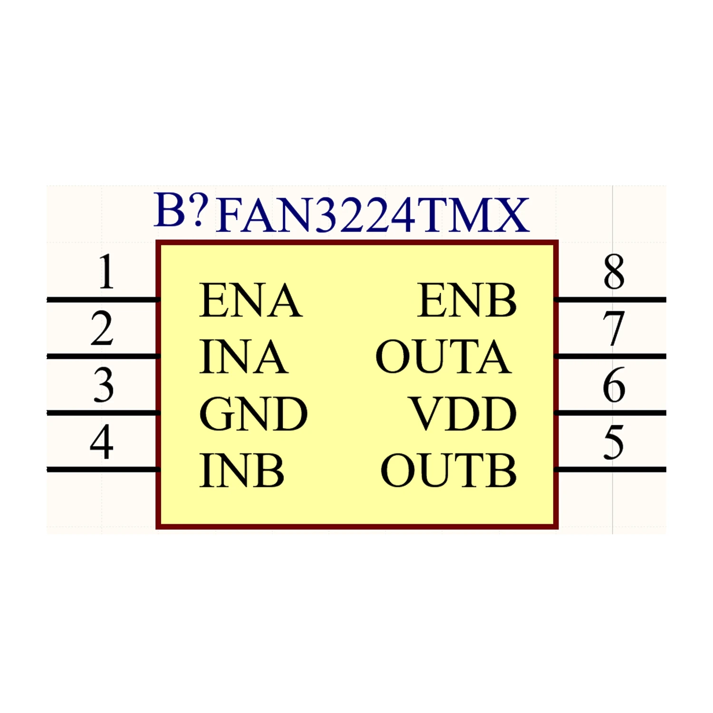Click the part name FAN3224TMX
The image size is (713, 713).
[x=372, y=215]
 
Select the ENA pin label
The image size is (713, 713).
[x=251, y=300]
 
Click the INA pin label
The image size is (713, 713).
[x=244, y=356]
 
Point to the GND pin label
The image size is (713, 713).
[x=253, y=414]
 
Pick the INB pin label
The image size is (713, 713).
[x=242, y=471]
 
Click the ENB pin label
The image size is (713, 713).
[x=467, y=300]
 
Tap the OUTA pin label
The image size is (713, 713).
[x=443, y=356]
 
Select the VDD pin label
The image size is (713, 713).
[x=463, y=414]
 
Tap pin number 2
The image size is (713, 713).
[x=102, y=328]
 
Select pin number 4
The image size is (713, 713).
[x=102, y=442]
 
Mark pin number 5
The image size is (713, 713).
[x=613, y=442]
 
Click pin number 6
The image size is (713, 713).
[x=614, y=385]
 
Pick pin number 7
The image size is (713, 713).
[x=613, y=328]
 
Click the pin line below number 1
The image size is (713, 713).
[x=102, y=299]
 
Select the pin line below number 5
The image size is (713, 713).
[x=610, y=470]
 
